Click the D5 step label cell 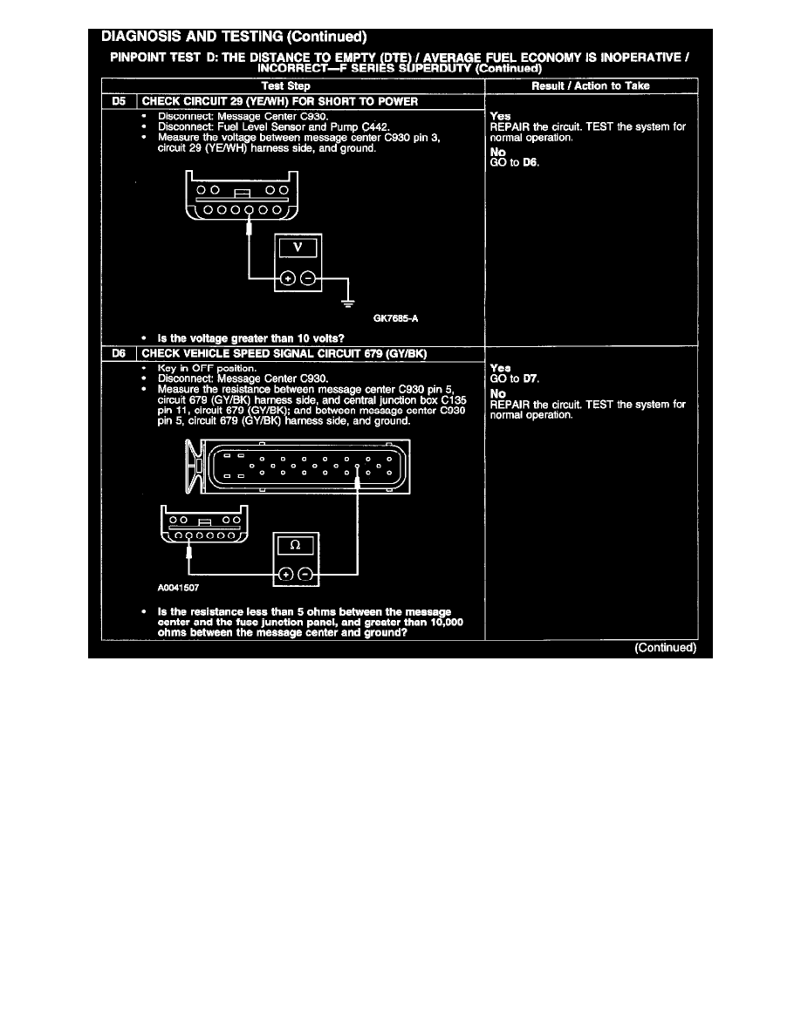pos(120,101)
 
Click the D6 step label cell pos(120,354)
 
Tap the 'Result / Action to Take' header pos(591,85)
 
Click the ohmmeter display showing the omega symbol pos(295,546)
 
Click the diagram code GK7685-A pos(394,318)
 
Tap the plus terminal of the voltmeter pos(287,279)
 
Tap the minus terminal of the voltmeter pos(308,279)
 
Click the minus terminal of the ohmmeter pos(305,574)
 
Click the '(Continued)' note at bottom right pos(665,648)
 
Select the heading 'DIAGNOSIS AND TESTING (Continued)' pos(234,37)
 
